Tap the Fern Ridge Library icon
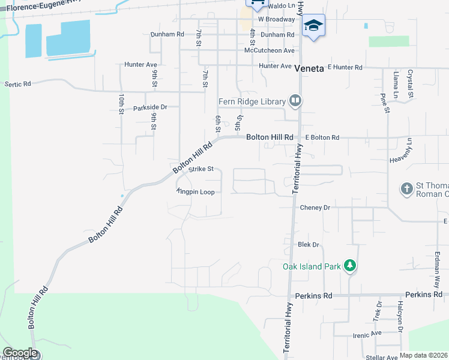(x=295, y=101)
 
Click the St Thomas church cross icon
(x=406, y=189)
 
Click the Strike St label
(x=201, y=169)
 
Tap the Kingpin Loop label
(x=196, y=192)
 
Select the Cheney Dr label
(x=315, y=208)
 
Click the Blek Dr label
(x=308, y=245)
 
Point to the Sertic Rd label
(x=17, y=84)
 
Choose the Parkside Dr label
(x=150, y=107)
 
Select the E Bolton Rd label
(x=322, y=137)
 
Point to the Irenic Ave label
(x=367, y=333)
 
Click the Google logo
(x=20, y=353)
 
